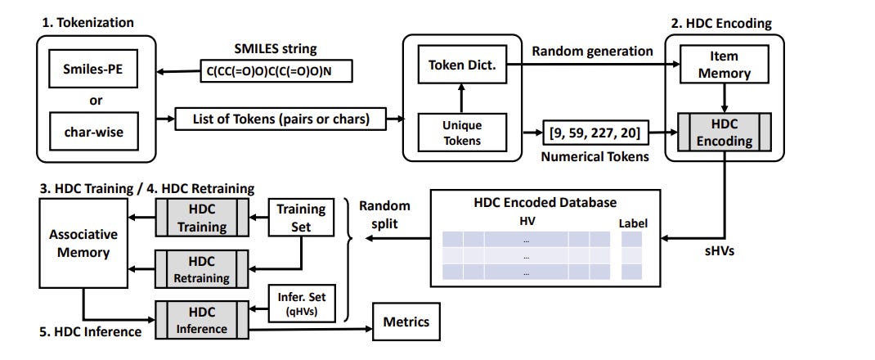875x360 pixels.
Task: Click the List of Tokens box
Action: [282, 119]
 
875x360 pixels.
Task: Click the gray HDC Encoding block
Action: [723, 132]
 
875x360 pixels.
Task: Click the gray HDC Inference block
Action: [201, 320]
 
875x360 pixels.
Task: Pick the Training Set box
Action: [301, 217]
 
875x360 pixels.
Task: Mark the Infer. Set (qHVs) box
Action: [301, 304]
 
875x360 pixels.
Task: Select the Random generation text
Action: [593, 51]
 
